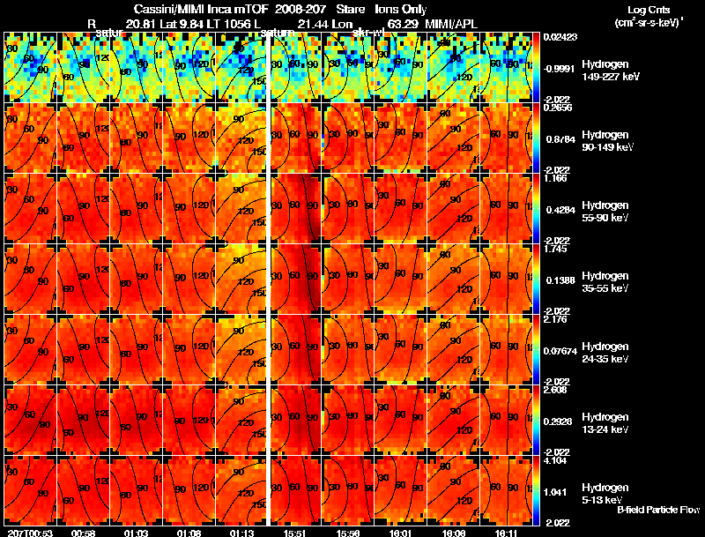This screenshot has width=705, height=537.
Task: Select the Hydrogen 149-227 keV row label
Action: [607, 71]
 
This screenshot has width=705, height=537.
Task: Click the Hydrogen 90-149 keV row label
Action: [607, 141]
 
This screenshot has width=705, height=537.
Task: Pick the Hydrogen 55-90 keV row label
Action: [605, 212]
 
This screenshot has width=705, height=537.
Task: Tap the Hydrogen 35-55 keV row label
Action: [605, 282]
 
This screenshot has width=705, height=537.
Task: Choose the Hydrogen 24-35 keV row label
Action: [605, 353]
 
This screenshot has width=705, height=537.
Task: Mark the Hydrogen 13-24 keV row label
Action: [605, 421]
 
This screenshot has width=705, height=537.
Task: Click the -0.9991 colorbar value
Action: [560, 68]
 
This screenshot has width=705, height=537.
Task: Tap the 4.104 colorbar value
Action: [555, 460]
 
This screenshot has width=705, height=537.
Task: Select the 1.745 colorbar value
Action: [555, 250]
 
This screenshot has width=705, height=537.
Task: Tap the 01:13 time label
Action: [241, 533]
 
